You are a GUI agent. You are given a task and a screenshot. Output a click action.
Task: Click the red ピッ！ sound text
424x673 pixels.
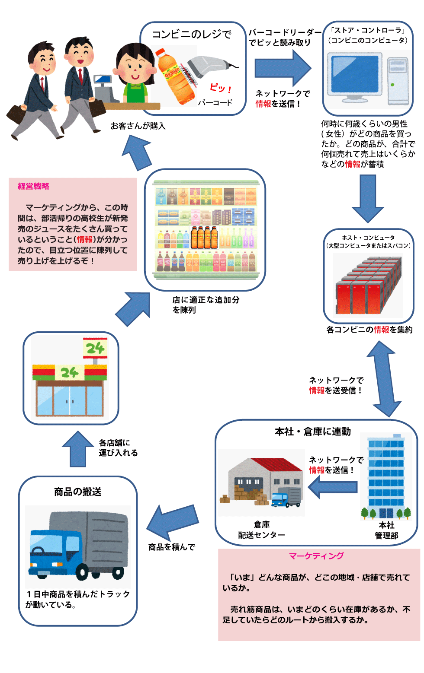click(x=221, y=88)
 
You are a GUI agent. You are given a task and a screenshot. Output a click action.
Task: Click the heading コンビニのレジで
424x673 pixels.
click(x=192, y=35)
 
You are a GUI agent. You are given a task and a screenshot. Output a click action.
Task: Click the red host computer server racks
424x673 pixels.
click(x=368, y=285)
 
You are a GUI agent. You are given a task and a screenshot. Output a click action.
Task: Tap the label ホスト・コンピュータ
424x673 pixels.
click(x=368, y=238)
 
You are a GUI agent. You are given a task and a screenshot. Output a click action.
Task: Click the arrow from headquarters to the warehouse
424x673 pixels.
click(x=333, y=487)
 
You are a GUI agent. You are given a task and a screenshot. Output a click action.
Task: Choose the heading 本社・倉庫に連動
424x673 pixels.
click(x=313, y=432)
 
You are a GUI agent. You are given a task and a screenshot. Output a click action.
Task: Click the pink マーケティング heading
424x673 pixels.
click(x=316, y=556)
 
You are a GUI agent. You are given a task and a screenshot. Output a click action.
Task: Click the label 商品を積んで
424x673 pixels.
click(x=172, y=547)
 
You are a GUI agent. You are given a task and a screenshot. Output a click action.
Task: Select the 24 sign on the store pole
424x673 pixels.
click(x=95, y=348)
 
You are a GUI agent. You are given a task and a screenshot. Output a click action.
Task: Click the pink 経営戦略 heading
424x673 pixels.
click(x=33, y=186)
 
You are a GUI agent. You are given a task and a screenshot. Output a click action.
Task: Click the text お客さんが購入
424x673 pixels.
click(x=138, y=126)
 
